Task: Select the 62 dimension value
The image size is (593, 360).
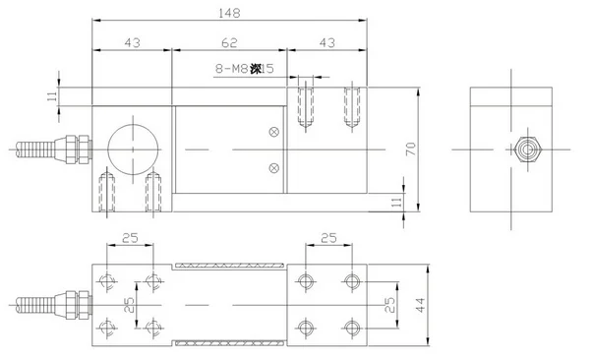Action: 229,44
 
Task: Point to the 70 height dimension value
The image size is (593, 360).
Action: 412,148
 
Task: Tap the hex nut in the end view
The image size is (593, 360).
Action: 527,150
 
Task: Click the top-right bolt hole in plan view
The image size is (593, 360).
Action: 352,281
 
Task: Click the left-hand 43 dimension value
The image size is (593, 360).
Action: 131,44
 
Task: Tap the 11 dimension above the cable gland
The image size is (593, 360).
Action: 52,94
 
